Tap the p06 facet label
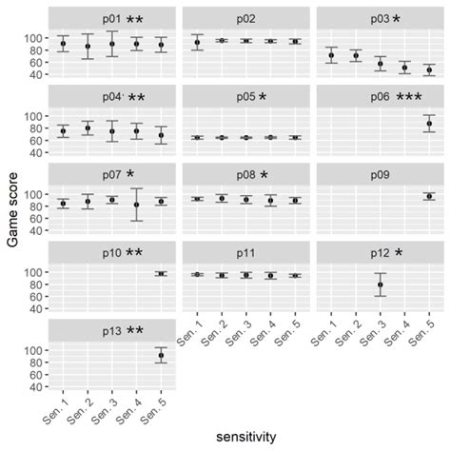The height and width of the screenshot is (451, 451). tap(356, 97)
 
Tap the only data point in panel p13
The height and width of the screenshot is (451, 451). tap(160, 356)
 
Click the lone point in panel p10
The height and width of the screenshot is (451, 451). tap(160, 273)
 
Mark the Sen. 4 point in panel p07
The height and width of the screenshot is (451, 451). tap(136, 205)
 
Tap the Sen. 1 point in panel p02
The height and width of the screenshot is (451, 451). tap(197, 42)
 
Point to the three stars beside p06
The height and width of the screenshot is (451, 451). tap(409, 97)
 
